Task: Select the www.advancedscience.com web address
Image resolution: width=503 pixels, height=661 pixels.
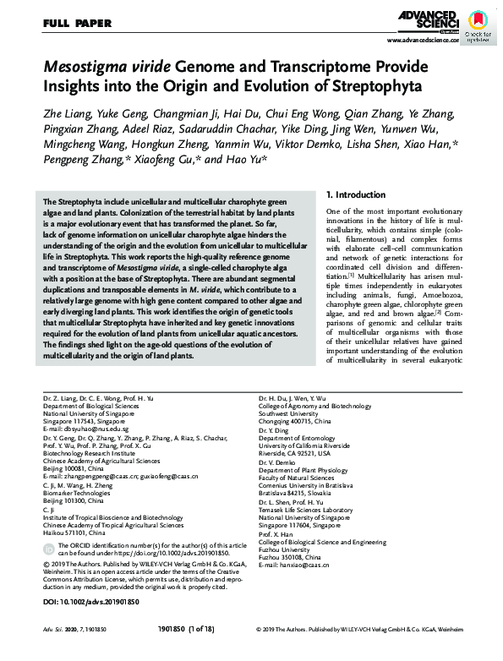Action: [x=424, y=41]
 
